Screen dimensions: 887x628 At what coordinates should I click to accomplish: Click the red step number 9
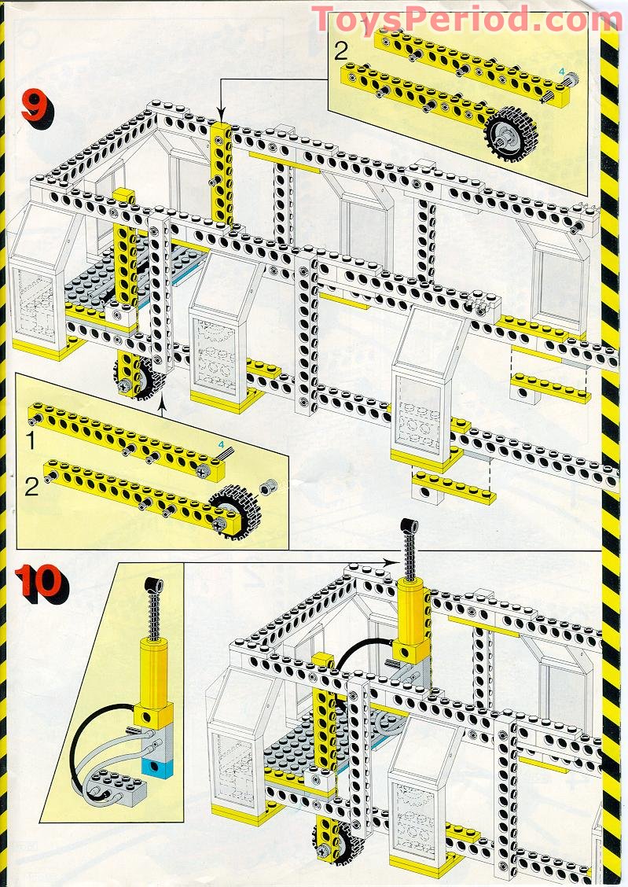pos(33,107)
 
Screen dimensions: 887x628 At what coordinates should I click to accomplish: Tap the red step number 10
pos(40,583)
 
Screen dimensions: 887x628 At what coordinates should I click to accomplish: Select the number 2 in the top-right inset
pos(340,52)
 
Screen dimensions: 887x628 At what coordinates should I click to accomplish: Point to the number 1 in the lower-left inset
pos(29,442)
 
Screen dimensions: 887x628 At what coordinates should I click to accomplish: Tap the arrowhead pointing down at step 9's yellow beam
pos(220,113)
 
